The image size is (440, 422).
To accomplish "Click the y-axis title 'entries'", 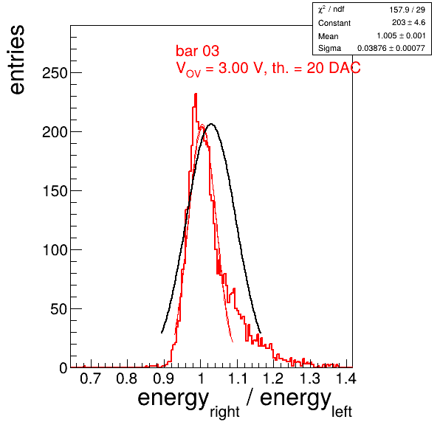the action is pyautogui.click(x=18, y=60).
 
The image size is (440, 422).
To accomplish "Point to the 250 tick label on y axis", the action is pyautogui.click(x=55, y=73).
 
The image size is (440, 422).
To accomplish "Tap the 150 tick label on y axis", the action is pyautogui.click(x=55, y=191).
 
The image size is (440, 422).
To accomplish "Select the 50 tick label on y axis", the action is pyautogui.click(x=59, y=309).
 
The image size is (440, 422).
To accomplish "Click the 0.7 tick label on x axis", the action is pyautogui.click(x=90, y=378).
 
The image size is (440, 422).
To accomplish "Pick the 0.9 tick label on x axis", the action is pyautogui.click(x=163, y=378).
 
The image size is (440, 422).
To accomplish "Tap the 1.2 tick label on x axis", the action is pyautogui.click(x=273, y=378).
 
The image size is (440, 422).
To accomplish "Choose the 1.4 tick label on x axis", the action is pyautogui.click(x=346, y=378).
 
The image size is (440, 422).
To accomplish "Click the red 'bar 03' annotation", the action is pyautogui.click(x=197, y=51).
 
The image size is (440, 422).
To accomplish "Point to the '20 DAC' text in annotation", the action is pyautogui.click(x=334, y=68).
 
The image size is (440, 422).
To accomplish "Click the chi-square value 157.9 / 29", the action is pyautogui.click(x=408, y=10).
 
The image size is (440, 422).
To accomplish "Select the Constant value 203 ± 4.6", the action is pyautogui.click(x=408, y=22).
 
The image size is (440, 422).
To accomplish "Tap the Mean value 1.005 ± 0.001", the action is pyautogui.click(x=401, y=35).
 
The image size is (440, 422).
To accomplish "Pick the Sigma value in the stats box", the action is pyautogui.click(x=391, y=48).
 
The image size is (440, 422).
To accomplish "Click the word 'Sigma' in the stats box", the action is pyautogui.click(x=329, y=48).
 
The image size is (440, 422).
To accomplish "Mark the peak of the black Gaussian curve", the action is pyautogui.click(x=211, y=124).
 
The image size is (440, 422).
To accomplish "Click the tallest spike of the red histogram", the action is pyautogui.click(x=196, y=94).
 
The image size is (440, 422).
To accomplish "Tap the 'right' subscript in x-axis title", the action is pyautogui.click(x=224, y=412).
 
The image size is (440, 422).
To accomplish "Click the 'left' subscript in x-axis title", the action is pyautogui.click(x=342, y=412).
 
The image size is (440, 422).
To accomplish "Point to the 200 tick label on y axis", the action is pyautogui.click(x=55, y=132).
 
